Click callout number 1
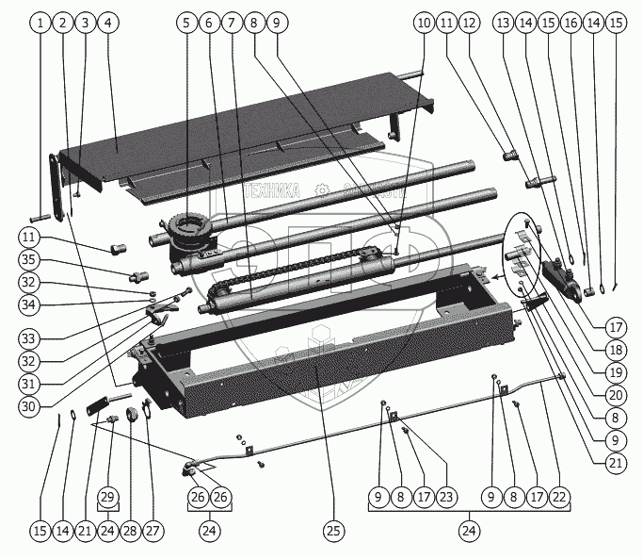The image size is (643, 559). [40, 22]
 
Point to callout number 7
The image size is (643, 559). [230, 22]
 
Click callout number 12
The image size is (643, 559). [469, 22]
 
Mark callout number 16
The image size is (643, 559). [571, 22]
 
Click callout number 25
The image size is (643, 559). [332, 532]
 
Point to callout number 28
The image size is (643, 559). [130, 532]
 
